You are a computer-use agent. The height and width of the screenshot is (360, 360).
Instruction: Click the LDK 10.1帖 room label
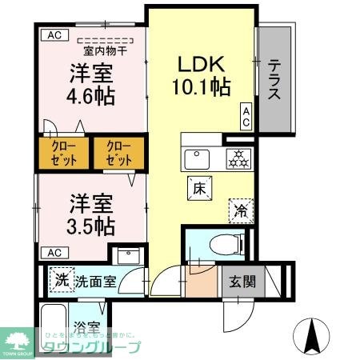click(203, 74)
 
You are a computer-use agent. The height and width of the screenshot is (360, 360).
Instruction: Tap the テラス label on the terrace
click(274, 80)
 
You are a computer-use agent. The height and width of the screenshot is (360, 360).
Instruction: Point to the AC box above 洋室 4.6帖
click(53, 35)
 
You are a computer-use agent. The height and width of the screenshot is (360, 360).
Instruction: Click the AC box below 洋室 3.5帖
click(53, 253)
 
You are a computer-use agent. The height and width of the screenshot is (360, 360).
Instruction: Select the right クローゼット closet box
click(118, 154)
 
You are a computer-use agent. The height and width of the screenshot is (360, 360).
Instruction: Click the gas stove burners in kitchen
click(237, 158)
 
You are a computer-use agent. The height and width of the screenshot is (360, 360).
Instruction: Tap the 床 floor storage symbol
click(200, 189)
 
